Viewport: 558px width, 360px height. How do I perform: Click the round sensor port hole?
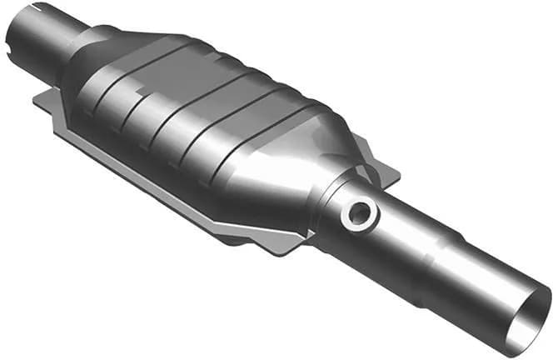tap(360, 214)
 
